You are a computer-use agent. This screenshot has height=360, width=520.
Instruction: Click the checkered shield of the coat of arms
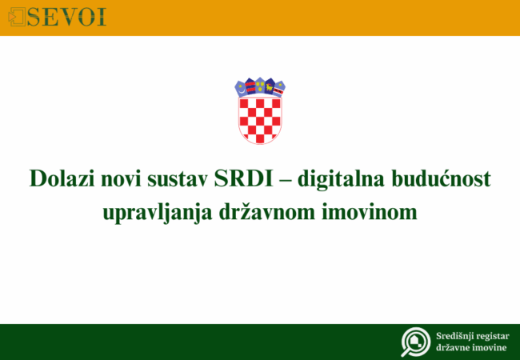tap(260, 118)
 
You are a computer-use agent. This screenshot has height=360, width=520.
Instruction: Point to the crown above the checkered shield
tap(260, 86)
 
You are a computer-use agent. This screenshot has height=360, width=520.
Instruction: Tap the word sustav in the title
tap(183, 179)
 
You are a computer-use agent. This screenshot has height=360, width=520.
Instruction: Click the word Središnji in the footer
tap(453, 335)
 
